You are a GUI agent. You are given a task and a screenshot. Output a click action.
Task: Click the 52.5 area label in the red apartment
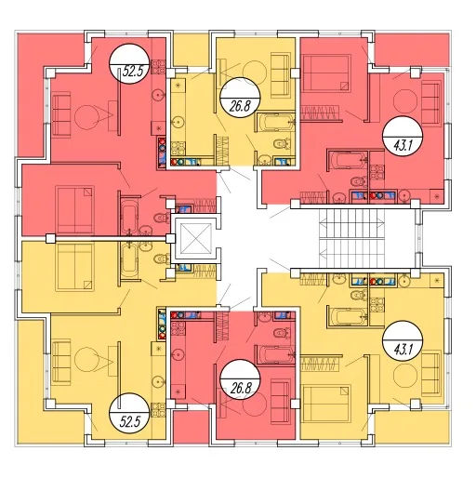[132, 72]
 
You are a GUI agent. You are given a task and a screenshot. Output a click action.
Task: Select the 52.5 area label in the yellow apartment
[130, 422]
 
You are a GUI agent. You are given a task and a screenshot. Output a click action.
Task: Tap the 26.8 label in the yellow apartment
[240, 106]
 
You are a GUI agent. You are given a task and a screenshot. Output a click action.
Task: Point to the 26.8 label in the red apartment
[241, 388]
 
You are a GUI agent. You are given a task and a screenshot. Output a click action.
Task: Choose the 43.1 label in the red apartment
[403, 145]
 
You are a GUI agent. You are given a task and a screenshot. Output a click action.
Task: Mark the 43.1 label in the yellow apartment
[403, 349]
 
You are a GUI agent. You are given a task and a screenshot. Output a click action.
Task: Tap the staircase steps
[351, 238]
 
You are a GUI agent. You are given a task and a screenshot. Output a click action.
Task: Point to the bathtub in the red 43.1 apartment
[348, 161]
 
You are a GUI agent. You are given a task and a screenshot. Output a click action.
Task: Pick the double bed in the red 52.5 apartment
[74, 209]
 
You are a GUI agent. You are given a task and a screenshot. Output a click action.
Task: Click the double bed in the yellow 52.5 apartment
[74, 268]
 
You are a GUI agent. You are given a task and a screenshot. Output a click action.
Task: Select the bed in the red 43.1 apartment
[326, 73]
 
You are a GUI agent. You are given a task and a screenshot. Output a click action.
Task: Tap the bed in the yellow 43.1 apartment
[326, 404]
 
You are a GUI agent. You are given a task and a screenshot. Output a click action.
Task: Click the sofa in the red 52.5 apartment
[61, 114]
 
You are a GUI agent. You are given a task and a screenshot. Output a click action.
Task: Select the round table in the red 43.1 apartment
[405, 101]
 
